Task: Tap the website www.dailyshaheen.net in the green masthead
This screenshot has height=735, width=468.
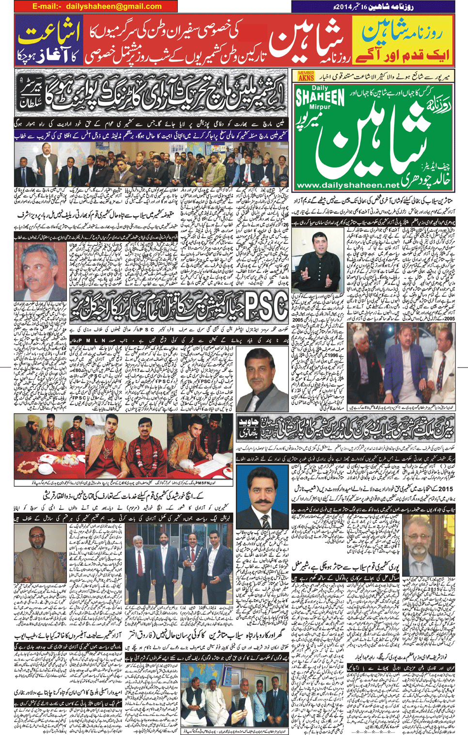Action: (x=348, y=185)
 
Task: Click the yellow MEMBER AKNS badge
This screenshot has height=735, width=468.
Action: (x=306, y=76)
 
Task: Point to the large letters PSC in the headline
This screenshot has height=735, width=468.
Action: (x=265, y=307)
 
